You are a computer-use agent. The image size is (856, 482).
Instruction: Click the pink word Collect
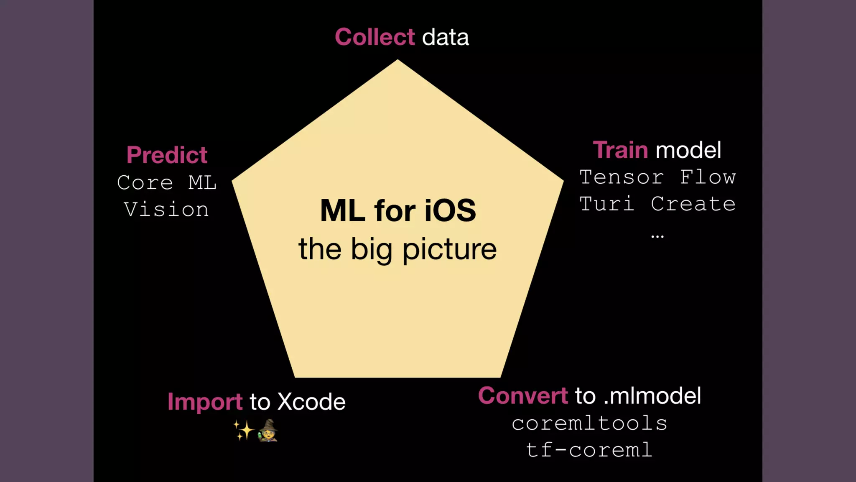click(x=374, y=37)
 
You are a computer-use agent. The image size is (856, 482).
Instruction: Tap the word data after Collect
click(x=445, y=37)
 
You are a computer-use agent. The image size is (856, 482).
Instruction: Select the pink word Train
click(x=620, y=150)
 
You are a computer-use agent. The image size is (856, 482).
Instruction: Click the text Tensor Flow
click(x=657, y=177)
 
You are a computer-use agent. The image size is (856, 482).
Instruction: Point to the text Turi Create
click(x=657, y=204)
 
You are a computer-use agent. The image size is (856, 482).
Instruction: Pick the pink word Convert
click(x=522, y=396)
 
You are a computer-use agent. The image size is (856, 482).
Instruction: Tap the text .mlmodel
click(x=652, y=396)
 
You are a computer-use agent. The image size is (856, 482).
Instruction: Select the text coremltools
click(x=589, y=423)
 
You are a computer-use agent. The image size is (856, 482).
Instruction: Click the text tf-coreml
click(x=589, y=450)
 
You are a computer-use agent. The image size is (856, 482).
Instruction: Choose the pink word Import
click(x=205, y=402)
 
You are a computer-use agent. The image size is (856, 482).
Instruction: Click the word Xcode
click(x=311, y=402)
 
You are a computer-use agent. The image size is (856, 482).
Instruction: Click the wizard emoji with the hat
click(x=267, y=430)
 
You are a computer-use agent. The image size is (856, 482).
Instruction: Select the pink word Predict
click(x=167, y=155)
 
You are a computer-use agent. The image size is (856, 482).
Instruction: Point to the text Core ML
click(x=167, y=182)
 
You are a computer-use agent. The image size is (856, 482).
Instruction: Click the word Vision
click(x=167, y=209)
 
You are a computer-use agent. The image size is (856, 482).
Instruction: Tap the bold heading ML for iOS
click(x=397, y=210)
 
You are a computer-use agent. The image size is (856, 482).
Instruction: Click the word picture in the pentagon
click(x=449, y=249)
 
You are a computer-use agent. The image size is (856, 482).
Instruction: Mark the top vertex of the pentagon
click(x=397, y=60)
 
